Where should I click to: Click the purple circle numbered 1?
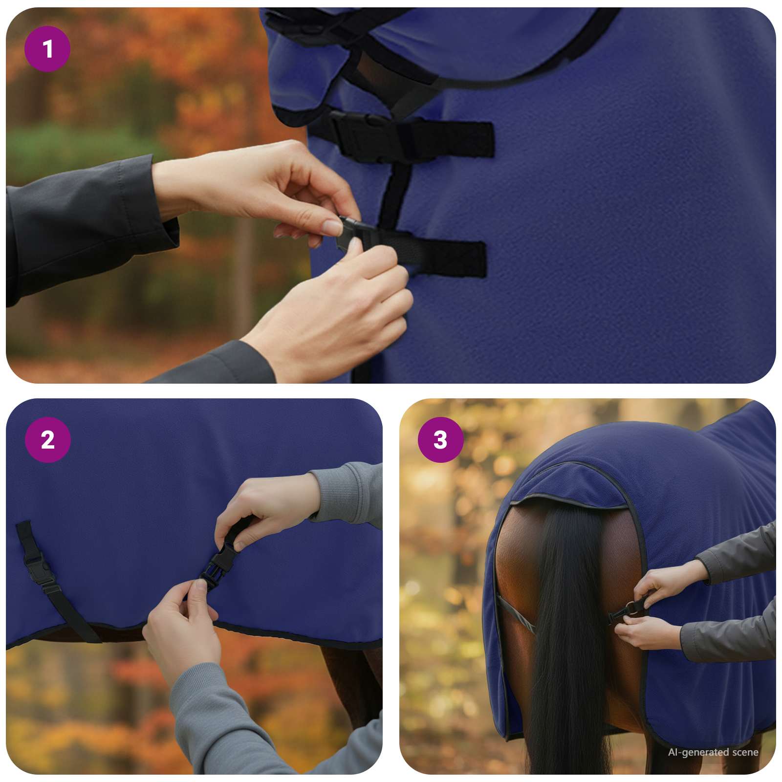(x=47, y=49)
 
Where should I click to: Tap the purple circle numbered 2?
(x=47, y=440)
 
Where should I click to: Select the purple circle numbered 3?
(x=440, y=440)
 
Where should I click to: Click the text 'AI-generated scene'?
(x=713, y=752)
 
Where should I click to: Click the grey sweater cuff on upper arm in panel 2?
(x=342, y=494)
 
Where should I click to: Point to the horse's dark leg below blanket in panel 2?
(x=352, y=684)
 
